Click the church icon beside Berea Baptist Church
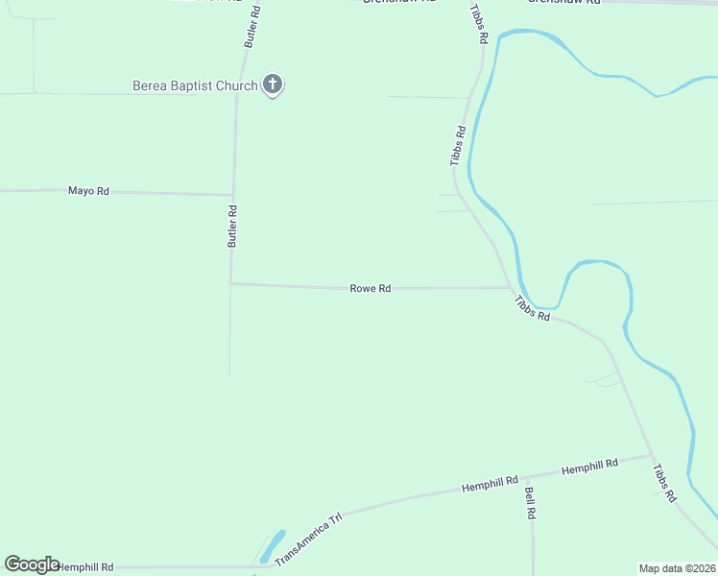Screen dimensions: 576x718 [x=273, y=85]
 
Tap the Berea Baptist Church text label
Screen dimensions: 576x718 [x=195, y=86]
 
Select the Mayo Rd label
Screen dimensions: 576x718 [x=88, y=191]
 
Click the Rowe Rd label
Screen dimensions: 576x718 [x=371, y=288]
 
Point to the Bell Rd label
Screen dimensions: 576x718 [x=530, y=503]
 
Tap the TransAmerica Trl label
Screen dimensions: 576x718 [x=308, y=540]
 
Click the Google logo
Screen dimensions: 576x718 [x=32, y=564]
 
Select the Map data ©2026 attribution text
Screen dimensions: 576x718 [x=678, y=568]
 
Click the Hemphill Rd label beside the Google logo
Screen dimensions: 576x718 [x=85, y=567]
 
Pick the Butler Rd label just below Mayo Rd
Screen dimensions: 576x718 [x=231, y=227]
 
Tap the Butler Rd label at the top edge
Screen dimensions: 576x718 [x=251, y=26]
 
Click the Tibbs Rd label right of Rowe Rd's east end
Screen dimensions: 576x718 [x=532, y=308]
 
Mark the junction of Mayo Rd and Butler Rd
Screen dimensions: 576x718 [x=232, y=195]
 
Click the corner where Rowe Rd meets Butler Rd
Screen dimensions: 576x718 [x=230, y=283]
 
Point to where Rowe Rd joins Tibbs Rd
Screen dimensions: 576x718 [x=510, y=287]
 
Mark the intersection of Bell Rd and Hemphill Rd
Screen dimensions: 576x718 [x=533, y=476]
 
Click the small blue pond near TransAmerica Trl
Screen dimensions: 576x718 [x=272, y=545]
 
